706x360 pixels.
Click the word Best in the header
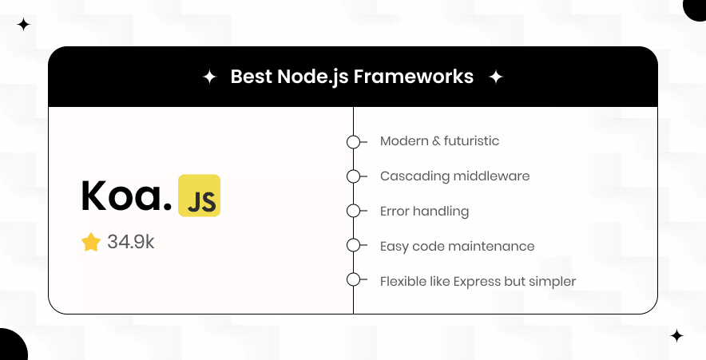coord(248,77)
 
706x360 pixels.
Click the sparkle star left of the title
coord(209,77)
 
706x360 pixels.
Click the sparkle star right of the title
coord(496,77)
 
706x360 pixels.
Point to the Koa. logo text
coord(126,196)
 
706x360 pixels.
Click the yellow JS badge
coord(199,196)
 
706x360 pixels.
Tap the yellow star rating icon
coord(91,243)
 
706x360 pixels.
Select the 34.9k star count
coord(130,243)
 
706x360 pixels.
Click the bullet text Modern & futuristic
coord(439,141)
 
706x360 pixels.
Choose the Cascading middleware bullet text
coord(454,176)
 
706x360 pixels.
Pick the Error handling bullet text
coord(424,212)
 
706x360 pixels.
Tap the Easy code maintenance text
coord(457,247)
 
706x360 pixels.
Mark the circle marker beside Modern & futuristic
coord(353,142)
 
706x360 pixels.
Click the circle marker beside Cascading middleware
coord(353,176)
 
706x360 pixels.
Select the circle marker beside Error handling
coord(353,212)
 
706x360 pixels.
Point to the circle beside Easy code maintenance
coord(353,246)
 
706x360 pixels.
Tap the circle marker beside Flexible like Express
coord(353,280)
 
